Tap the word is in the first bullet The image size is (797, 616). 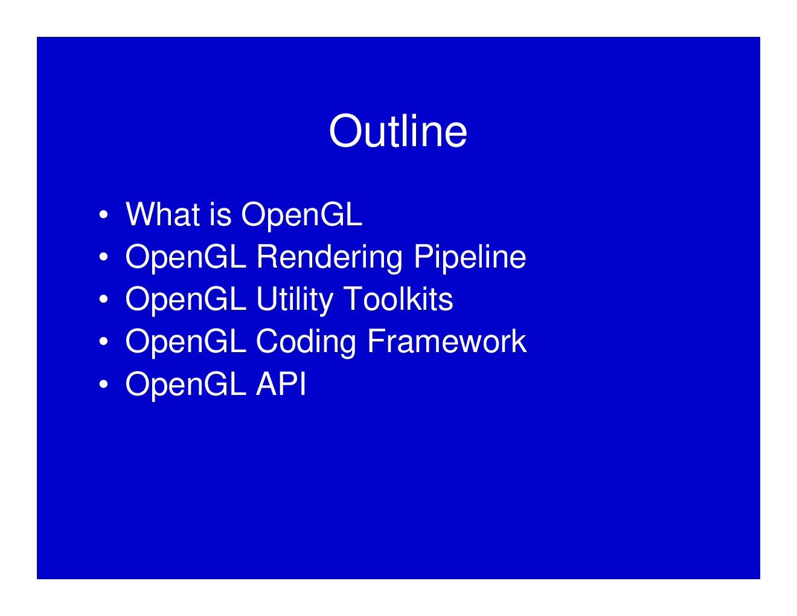[220, 214]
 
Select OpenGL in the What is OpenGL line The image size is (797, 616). [301, 215]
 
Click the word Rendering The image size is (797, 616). [329, 257]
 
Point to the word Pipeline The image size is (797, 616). [470, 257]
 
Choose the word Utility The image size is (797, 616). [295, 300]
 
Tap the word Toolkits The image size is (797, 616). [398, 299]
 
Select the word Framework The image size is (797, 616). [447, 341]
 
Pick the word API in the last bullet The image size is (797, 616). [281, 383]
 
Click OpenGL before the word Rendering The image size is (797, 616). [185, 257]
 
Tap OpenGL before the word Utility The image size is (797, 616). [185, 300]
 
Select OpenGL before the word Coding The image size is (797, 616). [185, 342]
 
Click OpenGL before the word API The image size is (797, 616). [185, 384]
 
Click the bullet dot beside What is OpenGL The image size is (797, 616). [104, 215]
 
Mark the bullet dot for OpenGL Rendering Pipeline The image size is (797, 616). [104, 257]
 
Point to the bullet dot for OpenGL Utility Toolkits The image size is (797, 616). [104, 300]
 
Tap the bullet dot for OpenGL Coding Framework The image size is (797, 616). [104, 342]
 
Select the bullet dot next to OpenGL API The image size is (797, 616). [104, 384]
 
